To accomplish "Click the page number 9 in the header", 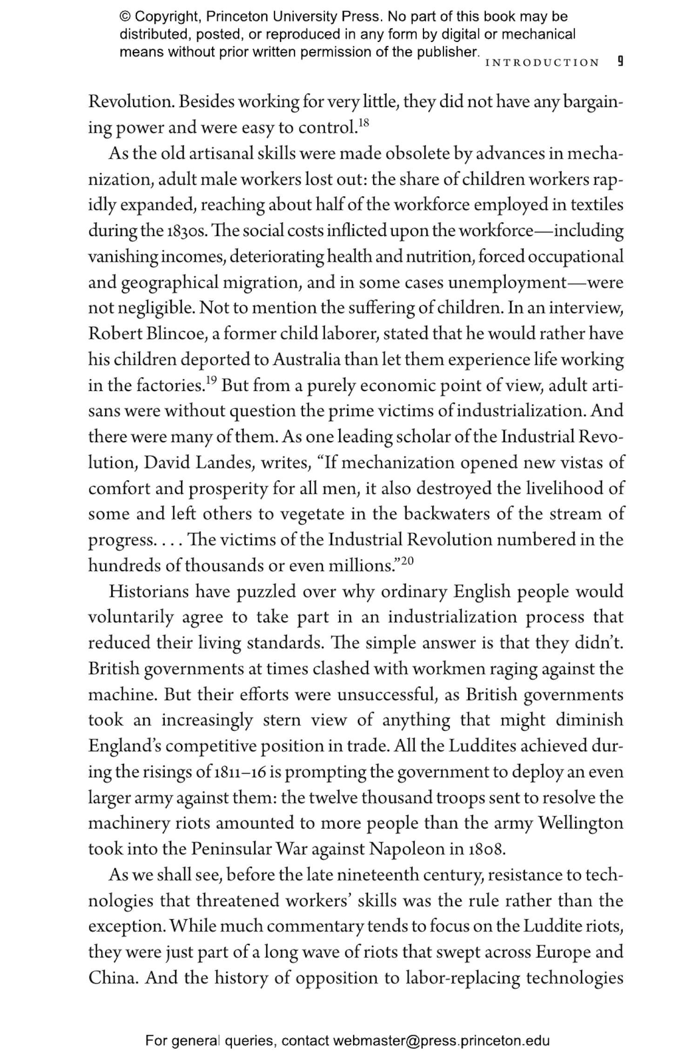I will [619, 61].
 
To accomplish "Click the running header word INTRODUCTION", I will [542, 62].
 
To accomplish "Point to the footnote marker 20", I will [407, 560].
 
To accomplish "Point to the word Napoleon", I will [407, 849].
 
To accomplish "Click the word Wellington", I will [581, 823].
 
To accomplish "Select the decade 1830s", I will [185, 231].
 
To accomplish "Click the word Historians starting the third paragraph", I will [148, 592].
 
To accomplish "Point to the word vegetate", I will [310, 515].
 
